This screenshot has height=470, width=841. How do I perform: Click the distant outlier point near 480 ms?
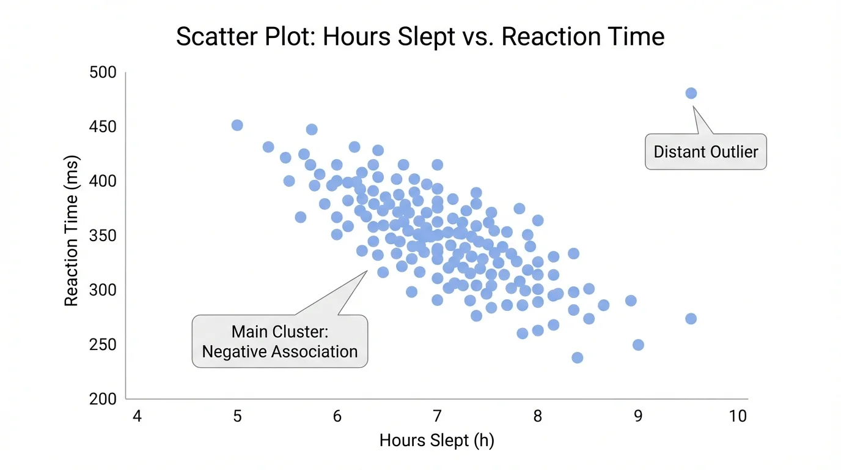click(691, 93)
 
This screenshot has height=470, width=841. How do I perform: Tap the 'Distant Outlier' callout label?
click(705, 152)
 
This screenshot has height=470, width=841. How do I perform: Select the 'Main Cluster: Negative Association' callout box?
click(280, 341)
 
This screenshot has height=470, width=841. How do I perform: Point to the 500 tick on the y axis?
click(103, 73)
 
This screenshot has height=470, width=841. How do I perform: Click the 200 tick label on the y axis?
click(103, 399)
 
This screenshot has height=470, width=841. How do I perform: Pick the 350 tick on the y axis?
click(103, 236)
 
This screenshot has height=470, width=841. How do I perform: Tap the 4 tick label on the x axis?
click(137, 417)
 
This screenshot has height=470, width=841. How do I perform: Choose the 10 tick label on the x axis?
click(738, 417)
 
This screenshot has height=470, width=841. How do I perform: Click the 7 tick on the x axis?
click(437, 417)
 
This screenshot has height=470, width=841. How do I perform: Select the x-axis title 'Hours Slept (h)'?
click(436, 441)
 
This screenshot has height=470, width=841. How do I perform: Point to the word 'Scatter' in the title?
click(211, 37)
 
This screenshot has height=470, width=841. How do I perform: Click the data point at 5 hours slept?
click(237, 125)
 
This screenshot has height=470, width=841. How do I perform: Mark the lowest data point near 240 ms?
click(577, 357)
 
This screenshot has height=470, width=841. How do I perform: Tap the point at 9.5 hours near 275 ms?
click(691, 319)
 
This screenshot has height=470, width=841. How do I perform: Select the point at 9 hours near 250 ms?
click(638, 345)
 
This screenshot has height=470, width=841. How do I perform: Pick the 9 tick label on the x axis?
click(637, 417)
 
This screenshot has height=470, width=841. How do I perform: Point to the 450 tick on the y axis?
click(103, 127)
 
